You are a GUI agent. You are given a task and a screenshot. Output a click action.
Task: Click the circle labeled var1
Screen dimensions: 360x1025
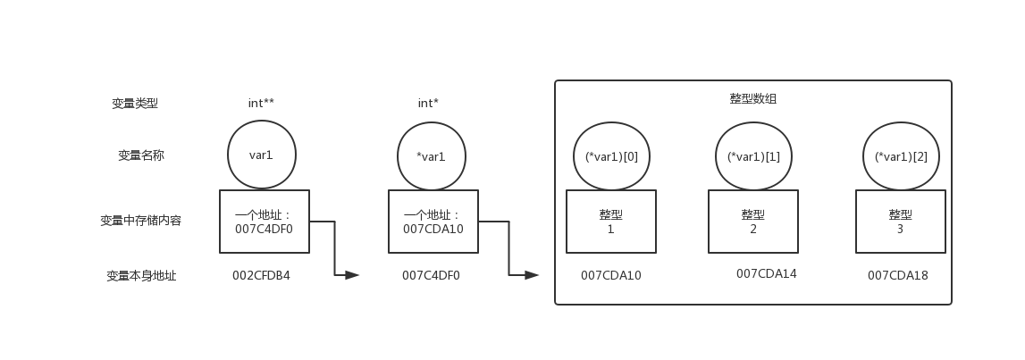click(x=261, y=155)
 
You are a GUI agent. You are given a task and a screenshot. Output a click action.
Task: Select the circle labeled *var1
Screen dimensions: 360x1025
click(x=431, y=156)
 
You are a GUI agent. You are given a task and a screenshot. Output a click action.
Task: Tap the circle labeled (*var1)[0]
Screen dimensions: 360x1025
click(x=611, y=156)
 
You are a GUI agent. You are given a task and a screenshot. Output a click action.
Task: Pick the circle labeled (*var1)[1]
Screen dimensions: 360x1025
click(x=753, y=156)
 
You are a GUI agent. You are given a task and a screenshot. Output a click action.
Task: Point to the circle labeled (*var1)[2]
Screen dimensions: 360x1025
click(x=901, y=156)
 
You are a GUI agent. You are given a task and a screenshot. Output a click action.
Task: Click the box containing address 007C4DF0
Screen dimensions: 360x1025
click(x=264, y=222)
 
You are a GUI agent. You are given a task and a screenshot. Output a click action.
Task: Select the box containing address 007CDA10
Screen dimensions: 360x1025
click(x=433, y=222)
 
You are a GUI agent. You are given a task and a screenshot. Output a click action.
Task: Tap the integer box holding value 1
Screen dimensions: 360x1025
click(x=610, y=222)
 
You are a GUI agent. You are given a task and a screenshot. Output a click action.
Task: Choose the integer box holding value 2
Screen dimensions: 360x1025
click(x=753, y=222)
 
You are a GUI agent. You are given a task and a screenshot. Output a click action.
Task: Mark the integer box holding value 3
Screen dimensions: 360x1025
click(x=900, y=222)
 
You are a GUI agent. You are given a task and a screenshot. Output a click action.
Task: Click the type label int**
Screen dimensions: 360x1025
click(x=261, y=104)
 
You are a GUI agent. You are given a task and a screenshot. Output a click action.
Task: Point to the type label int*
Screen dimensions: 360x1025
click(x=428, y=104)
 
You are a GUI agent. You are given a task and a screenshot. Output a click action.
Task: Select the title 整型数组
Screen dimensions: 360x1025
click(x=752, y=99)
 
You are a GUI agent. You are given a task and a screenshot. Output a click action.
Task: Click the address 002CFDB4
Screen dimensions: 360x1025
click(x=261, y=275)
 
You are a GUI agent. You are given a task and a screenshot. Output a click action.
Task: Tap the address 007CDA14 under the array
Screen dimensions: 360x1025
click(x=766, y=273)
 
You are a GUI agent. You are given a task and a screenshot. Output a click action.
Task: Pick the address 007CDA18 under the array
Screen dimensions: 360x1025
click(x=897, y=275)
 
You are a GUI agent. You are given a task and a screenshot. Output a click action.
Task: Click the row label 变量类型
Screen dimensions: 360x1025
click(x=141, y=104)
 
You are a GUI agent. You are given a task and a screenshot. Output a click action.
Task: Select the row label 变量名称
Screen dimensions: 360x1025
click(x=141, y=155)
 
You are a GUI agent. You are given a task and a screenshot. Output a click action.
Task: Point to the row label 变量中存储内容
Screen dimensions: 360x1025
click(x=141, y=221)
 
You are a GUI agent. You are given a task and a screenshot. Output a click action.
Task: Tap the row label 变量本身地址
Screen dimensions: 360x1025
click(x=141, y=276)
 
